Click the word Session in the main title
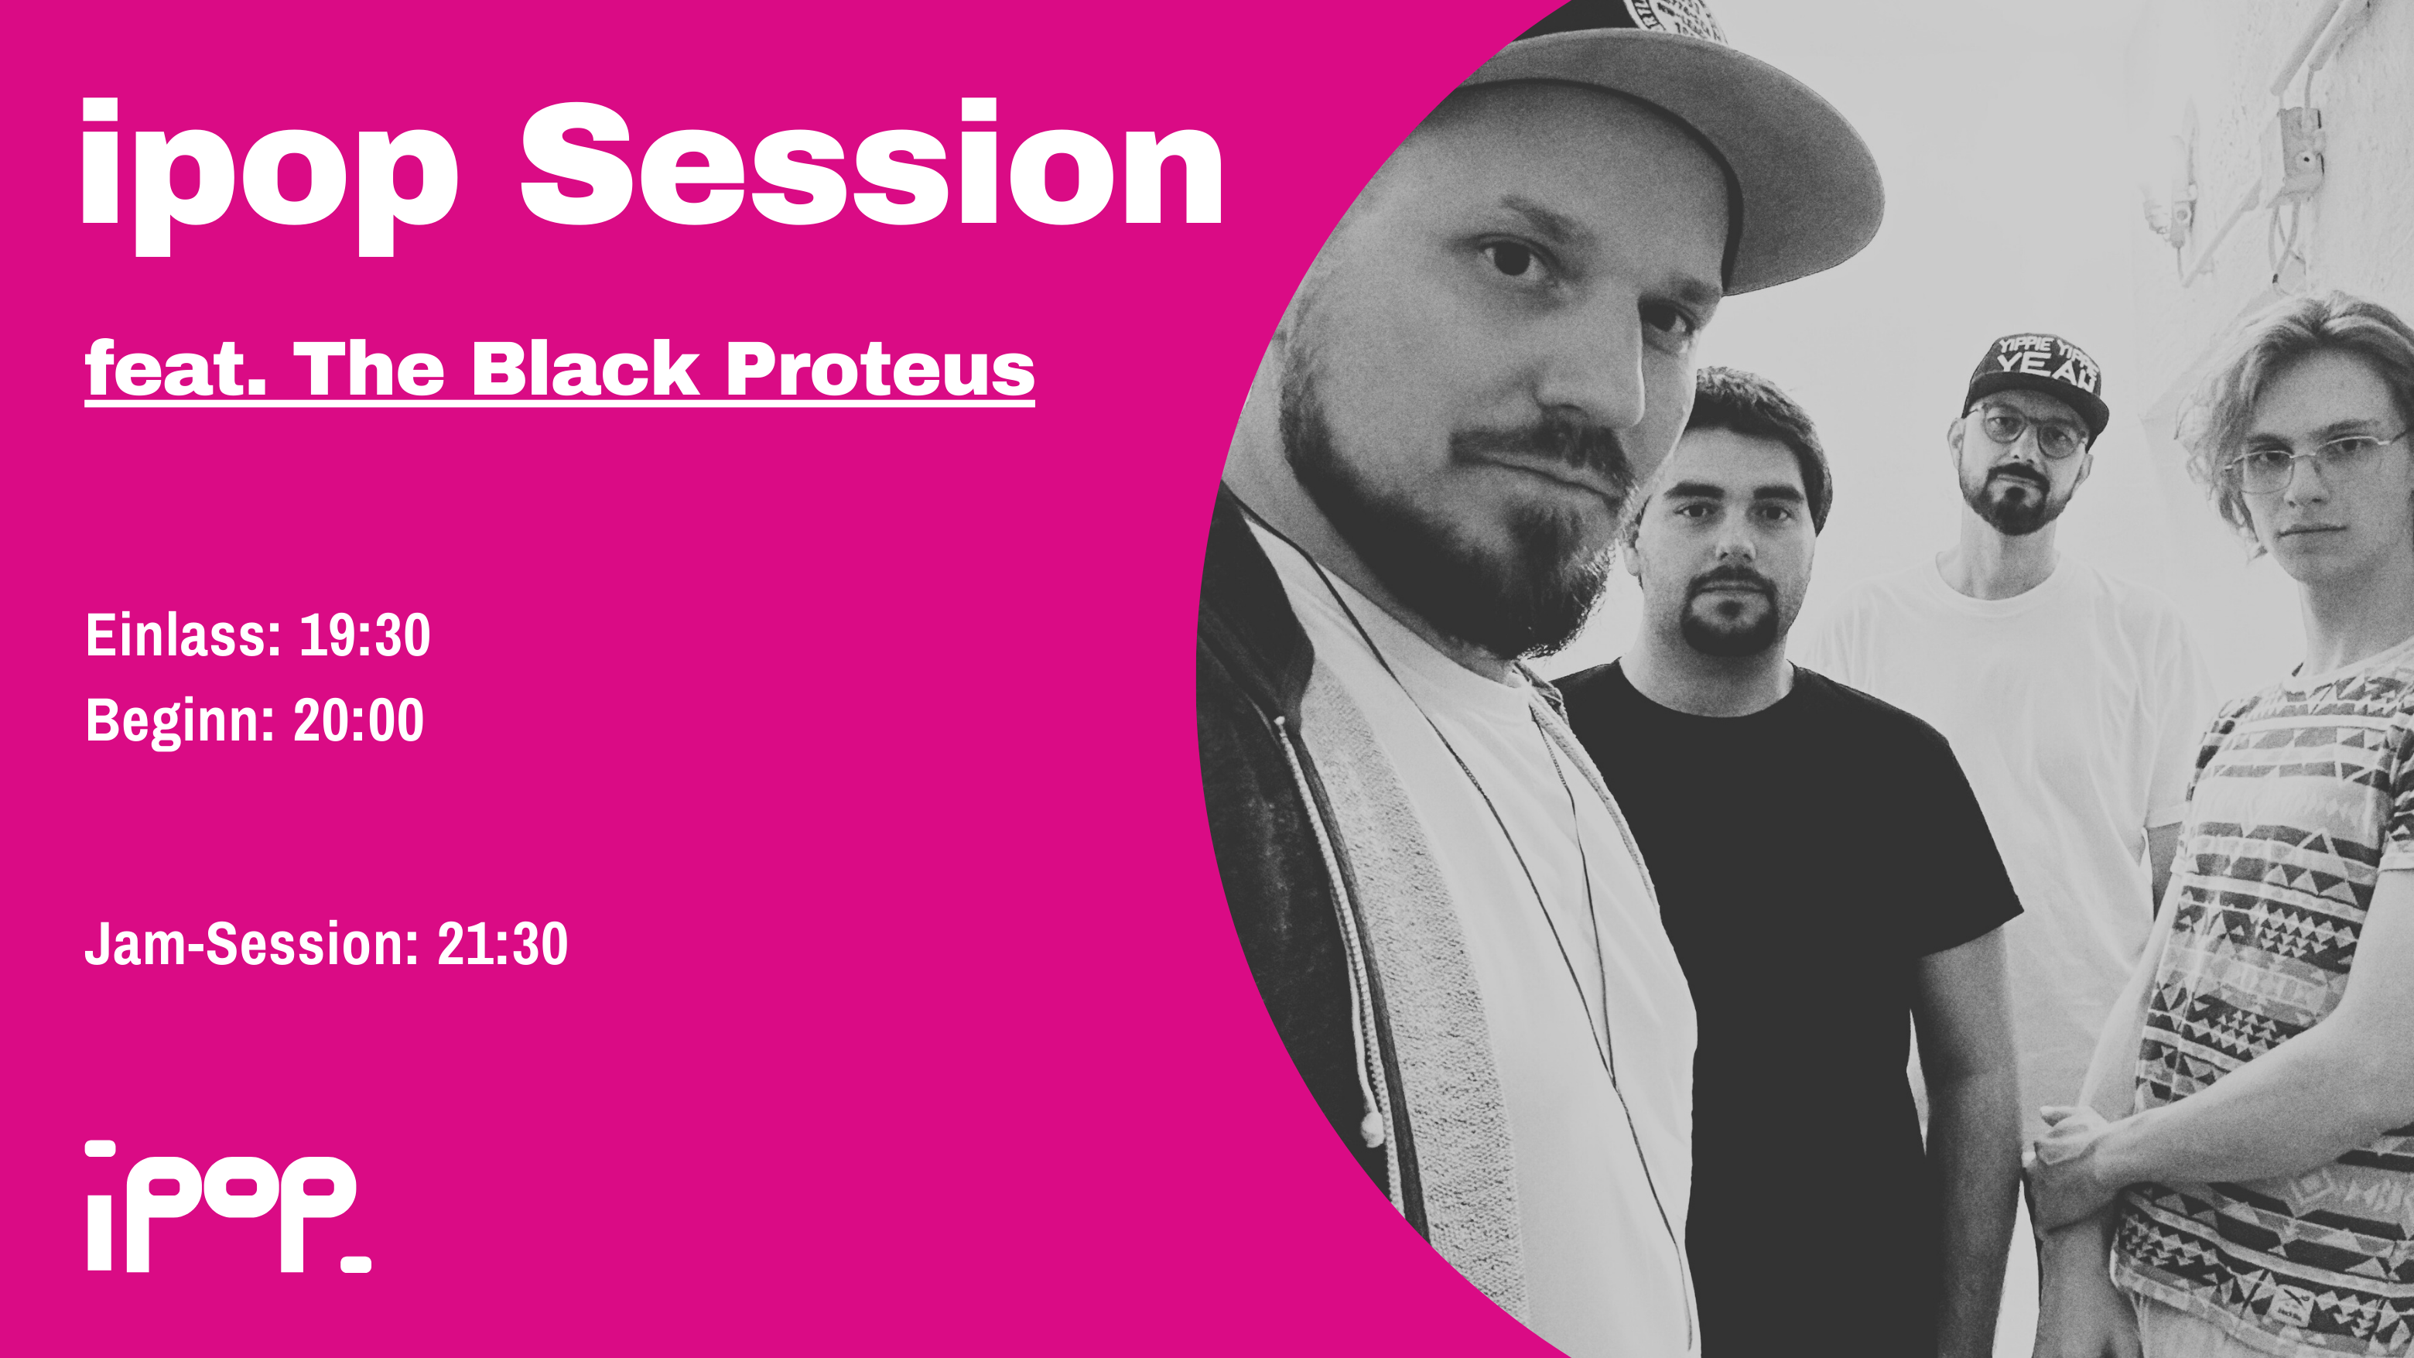(x=871, y=164)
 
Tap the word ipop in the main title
(x=270, y=176)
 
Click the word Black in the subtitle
(x=585, y=368)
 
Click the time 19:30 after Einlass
(x=364, y=635)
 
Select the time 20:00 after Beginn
(x=359, y=720)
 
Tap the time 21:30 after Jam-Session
(x=502, y=944)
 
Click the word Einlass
(x=183, y=635)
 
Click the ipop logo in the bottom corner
(x=229, y=1206)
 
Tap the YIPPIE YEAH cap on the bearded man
(x=2033, y=380)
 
